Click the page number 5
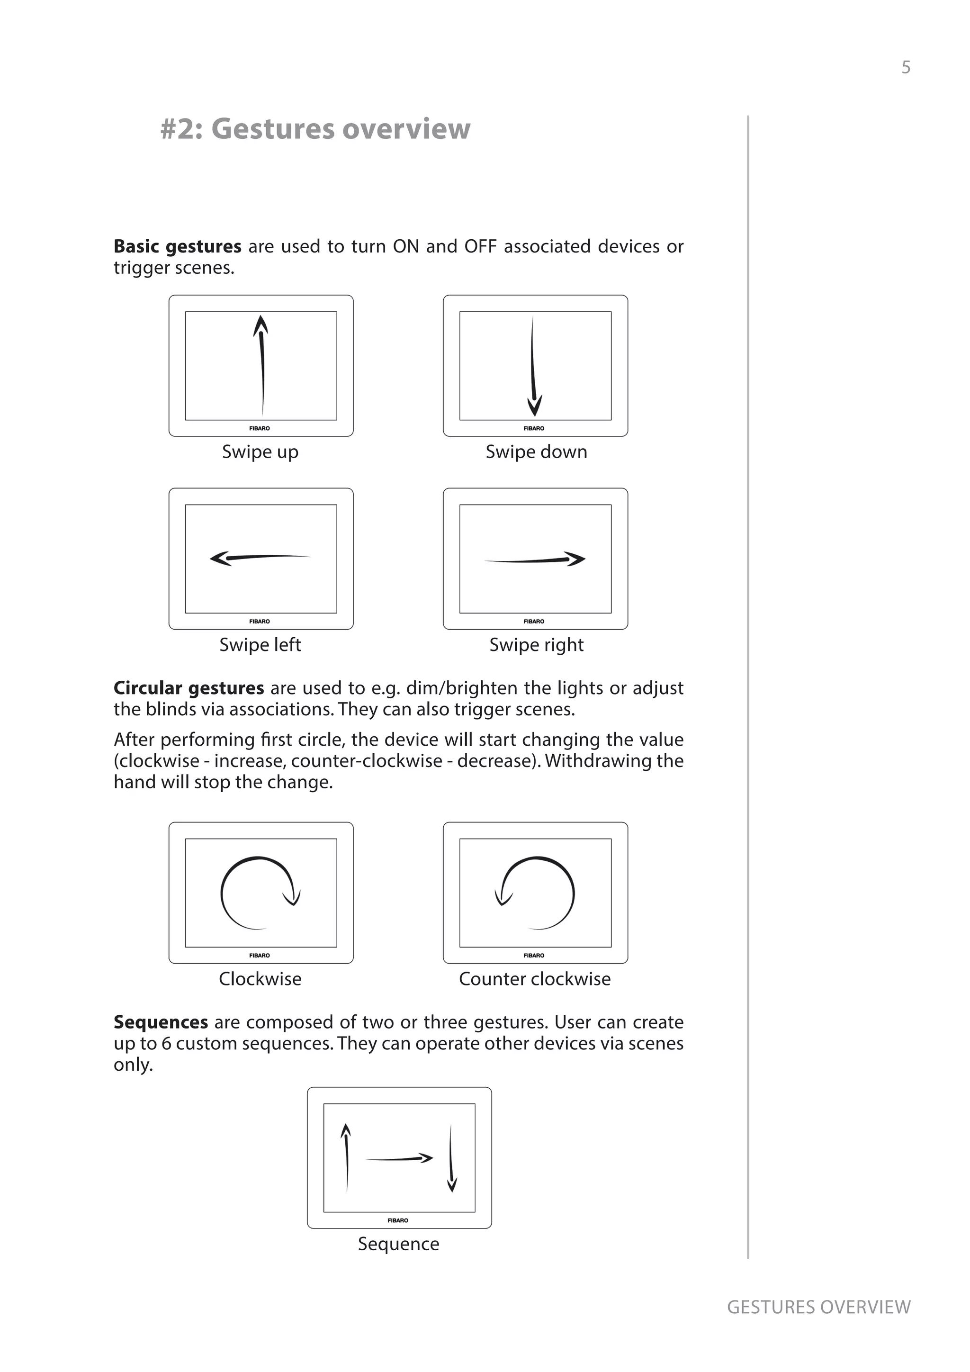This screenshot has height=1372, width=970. tap(906, 68)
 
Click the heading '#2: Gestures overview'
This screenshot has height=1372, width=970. tap(315, 128)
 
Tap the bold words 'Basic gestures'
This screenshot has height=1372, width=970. tap(178, 246)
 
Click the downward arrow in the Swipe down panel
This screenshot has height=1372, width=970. tap(534, 366)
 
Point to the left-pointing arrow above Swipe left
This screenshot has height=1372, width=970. tap(260, 558)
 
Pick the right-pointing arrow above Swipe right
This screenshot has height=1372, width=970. tap(535, 560)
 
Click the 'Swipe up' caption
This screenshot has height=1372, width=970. tap(260, 452)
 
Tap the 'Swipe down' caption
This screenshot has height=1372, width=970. tap(536, 452)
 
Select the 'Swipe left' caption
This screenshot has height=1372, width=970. tap(260, 645)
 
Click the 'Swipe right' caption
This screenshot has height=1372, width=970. tap(536, 645)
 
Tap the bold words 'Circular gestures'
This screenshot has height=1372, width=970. tap(189, 688)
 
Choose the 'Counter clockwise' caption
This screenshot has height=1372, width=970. tap(535, 979)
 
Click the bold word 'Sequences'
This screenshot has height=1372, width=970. tap(161, 1022)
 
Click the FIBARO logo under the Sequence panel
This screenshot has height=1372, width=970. tap(398, 1220)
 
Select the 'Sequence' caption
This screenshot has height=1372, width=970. tap(398, 1244)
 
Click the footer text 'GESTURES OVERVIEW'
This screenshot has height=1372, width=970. tap(818, 1307)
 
